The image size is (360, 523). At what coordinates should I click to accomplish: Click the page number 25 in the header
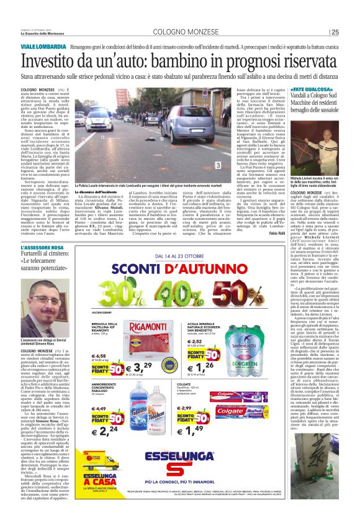click(335, 32)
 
